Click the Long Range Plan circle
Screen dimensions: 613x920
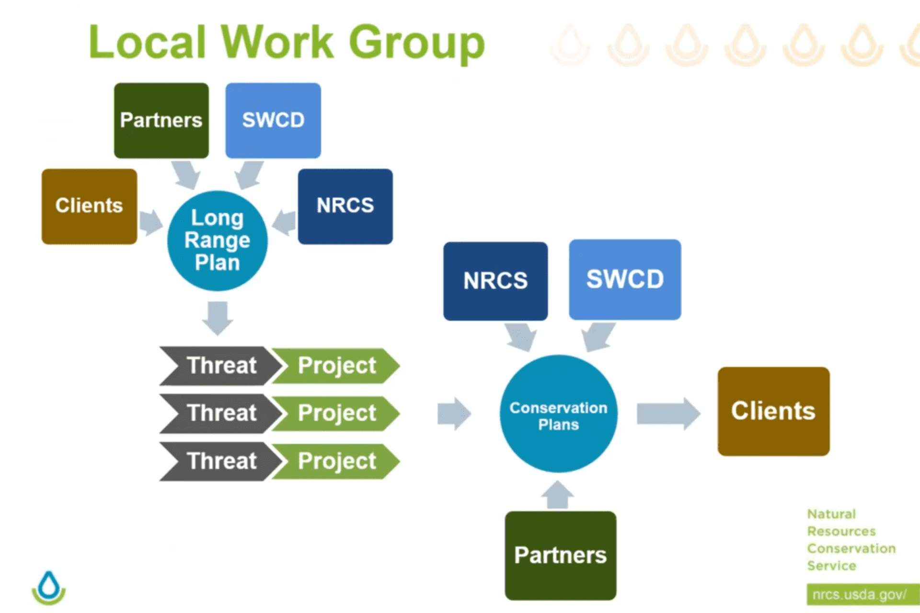[217, 240]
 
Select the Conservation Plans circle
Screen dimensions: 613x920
[558, 415]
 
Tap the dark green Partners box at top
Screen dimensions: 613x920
[161, 120]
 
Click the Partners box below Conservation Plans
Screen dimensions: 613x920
[560, 555]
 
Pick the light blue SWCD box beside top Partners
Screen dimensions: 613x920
[273, 120]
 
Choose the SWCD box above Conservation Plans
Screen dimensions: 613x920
[624, 280]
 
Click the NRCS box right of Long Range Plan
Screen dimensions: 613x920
[345, 206]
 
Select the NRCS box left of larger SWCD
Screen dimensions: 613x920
[495, 281]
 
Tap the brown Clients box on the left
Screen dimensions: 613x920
[89, 206]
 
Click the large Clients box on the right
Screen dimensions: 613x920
[773, 411]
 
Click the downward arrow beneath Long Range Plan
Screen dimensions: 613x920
[218, 318]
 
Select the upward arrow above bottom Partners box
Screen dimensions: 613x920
[557, 495]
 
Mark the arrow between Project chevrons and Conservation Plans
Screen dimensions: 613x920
[453, 413]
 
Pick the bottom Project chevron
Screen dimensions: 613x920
[336, 461]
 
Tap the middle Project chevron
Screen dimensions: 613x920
[336, 413]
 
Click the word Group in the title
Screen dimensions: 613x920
[416, 43]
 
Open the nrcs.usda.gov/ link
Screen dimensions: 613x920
[861, 594]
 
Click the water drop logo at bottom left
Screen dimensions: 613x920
[49, 587]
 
